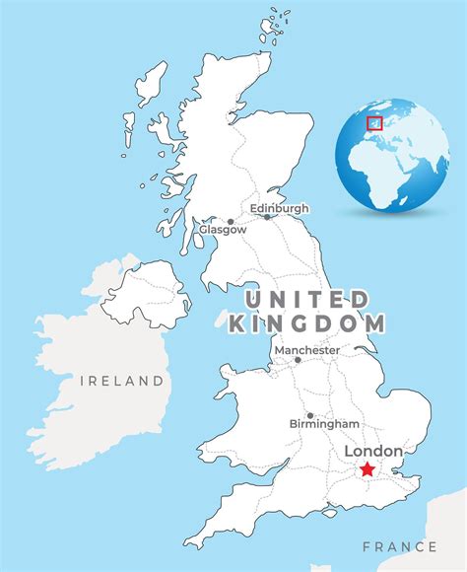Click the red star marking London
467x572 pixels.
point(367,470)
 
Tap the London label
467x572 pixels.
point(373,452)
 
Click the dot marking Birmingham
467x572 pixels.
point(310,415)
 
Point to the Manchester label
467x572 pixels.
point(307,350)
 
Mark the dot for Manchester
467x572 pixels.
point(298,360)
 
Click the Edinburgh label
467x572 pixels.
point(279,208)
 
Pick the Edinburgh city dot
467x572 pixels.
point(267,217)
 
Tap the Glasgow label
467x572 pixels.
point(222,230)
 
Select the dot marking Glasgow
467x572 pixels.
point(231,222)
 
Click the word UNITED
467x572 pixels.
point(307,299)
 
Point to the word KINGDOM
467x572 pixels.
point(307,323)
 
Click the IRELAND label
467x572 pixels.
point(122,381)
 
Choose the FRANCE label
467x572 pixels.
point(399,545)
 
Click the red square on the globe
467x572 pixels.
point(374,123)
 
